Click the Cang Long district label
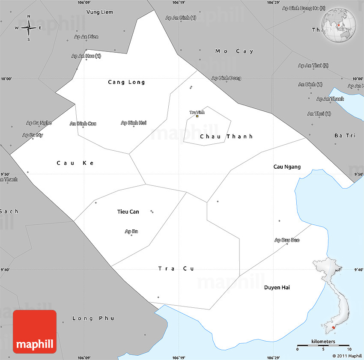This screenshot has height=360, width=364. coord(126,82)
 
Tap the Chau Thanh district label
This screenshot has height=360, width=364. coord(226,137)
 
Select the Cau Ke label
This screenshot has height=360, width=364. coord(75,163)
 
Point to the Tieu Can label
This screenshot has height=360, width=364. coord(128,211)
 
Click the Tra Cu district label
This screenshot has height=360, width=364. coord(176,268)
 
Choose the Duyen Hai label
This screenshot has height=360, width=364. coord(277,287)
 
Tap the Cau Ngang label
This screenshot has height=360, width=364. coord(287,167)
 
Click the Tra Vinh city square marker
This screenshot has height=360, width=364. coord(197,116)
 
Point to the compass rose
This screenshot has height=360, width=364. coord(29,28)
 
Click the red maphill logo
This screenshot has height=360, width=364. coord(35,332)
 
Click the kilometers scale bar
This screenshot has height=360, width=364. coord(323,345)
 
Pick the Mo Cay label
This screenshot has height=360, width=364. coord(234,51)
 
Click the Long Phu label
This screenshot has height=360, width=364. coord(93,318)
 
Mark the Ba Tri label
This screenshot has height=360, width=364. coord(345,135)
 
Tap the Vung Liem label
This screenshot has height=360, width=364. coord(100,12)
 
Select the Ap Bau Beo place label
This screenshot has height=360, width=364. coord(287,240)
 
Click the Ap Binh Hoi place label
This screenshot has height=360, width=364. coord(134,123)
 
